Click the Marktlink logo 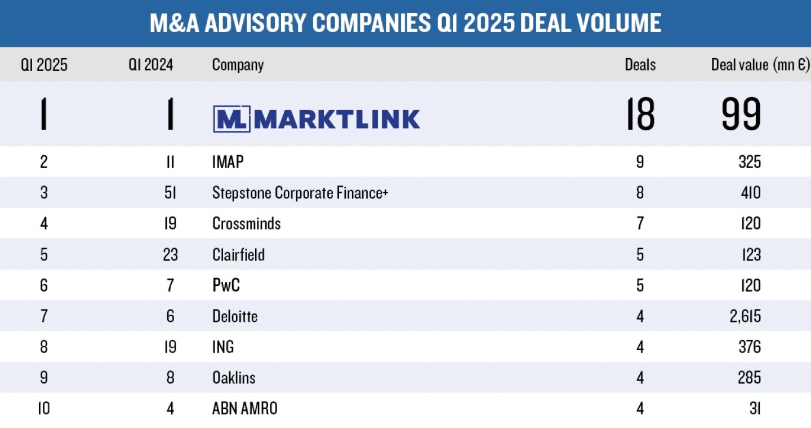(316, 119)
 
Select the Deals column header (640, 65)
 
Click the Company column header (238, 65)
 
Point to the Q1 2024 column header (150, 65)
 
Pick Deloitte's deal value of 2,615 (742, 316)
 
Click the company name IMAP (228, 162)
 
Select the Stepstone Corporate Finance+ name (300, 193)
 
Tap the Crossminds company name (246, 224)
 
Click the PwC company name (226, 285)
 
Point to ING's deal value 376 (749, 347)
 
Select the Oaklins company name (234, 378)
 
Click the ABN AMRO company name (244, 408)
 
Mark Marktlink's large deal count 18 (640, 114)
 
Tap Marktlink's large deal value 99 (741, 114)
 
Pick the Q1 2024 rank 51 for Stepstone (170, 193)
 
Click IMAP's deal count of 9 (640, 162)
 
